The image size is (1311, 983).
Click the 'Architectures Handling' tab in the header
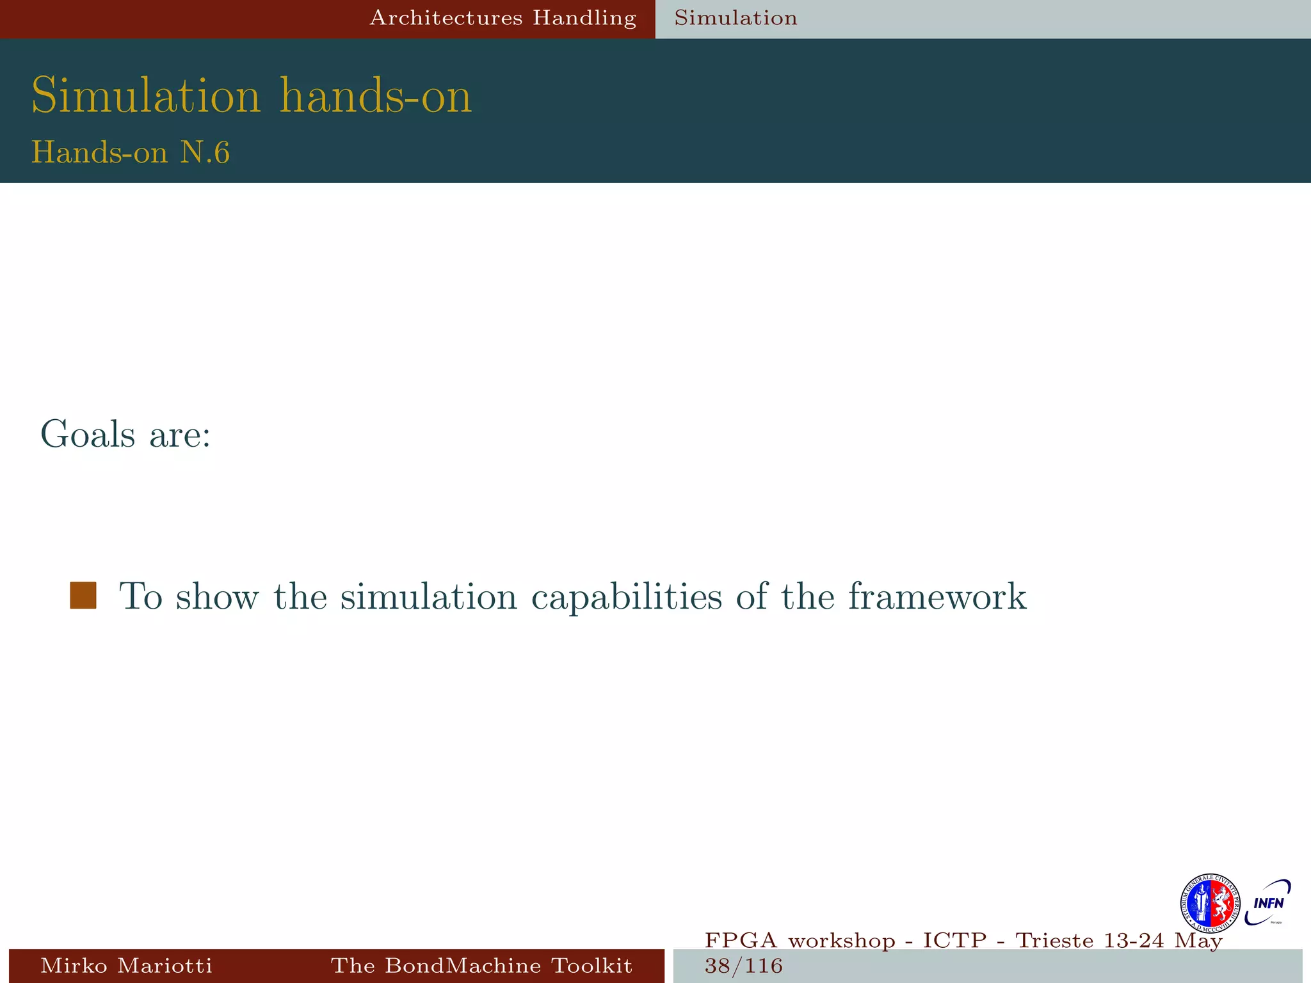[503, 18]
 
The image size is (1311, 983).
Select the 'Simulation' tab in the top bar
[736, 18]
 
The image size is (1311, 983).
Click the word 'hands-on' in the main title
[376, 96]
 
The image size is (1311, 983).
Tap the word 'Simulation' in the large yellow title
[146, 96]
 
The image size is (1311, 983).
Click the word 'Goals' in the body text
[88, 435]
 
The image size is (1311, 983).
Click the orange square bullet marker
[83, 595]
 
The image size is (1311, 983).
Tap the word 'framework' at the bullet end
[937, 596]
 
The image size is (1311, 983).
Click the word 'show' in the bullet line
[218, 596]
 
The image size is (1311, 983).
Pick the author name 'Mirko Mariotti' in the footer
[126, 965]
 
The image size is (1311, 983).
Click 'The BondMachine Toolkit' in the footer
[481, 965]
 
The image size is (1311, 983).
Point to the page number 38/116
[743, 966]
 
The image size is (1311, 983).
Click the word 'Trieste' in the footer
[1055, 941]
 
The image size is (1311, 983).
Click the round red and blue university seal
[1210, 903]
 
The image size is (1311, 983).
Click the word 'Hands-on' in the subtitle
[99, 153]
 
